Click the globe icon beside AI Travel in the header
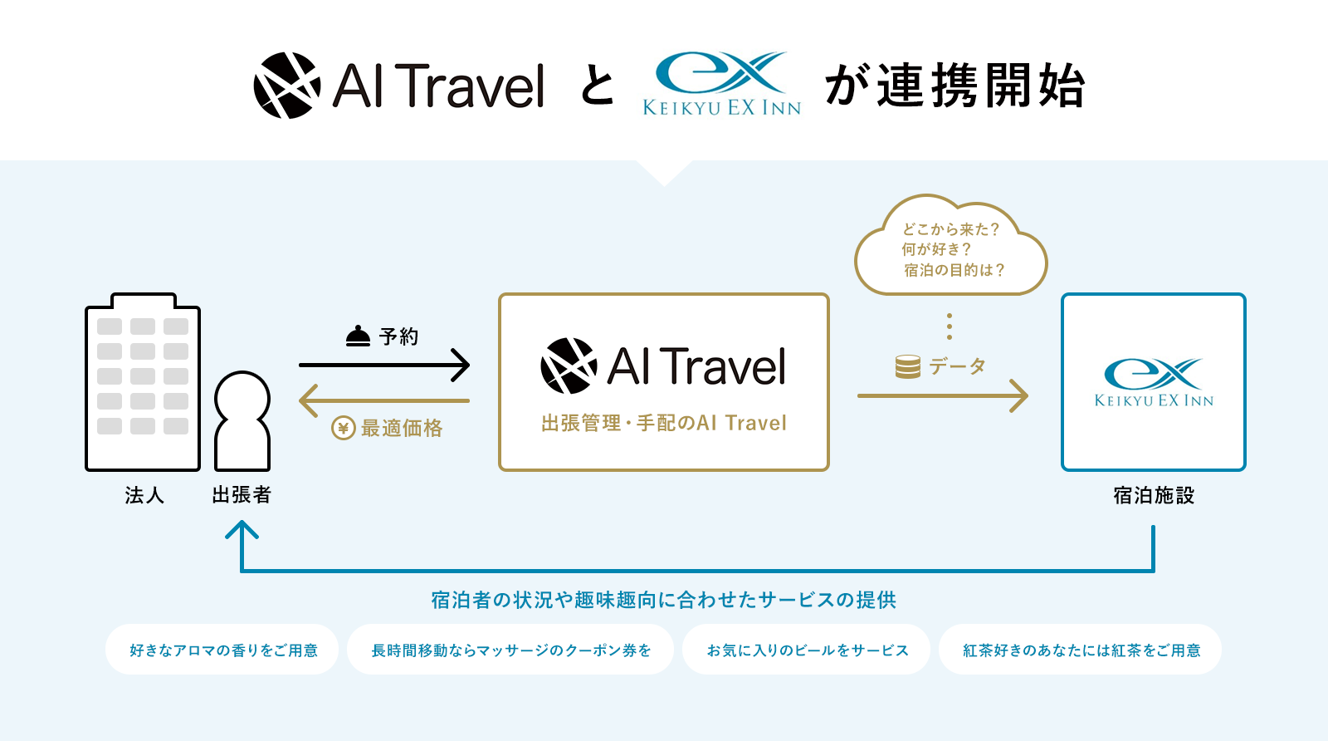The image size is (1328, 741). point(287,86)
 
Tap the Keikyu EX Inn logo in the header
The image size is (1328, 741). point(722,83)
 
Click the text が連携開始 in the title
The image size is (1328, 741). point(955,86)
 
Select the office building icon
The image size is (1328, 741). point(143,382)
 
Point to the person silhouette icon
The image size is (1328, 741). point(242,420)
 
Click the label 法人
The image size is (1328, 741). point(144,495)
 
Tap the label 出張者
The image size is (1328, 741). point(242,495)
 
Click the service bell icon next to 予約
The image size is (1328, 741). point(358,336)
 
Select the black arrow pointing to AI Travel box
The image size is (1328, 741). point(384,365)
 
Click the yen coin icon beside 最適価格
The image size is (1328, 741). point(344,428)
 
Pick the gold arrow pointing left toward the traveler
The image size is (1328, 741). point(384,400)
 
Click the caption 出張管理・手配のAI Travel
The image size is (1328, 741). point(664,423)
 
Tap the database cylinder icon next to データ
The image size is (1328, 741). point(908,366)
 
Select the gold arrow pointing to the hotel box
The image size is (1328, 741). point(943,395)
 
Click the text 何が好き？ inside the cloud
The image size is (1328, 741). point(937,249)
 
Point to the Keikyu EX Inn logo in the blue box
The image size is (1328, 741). point(1154,382)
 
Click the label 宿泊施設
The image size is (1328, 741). point(1154,495)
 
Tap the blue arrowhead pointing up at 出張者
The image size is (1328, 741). point(242,529)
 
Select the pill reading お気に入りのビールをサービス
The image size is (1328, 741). point(806,650)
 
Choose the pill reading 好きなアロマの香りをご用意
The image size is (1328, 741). point(222,650)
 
